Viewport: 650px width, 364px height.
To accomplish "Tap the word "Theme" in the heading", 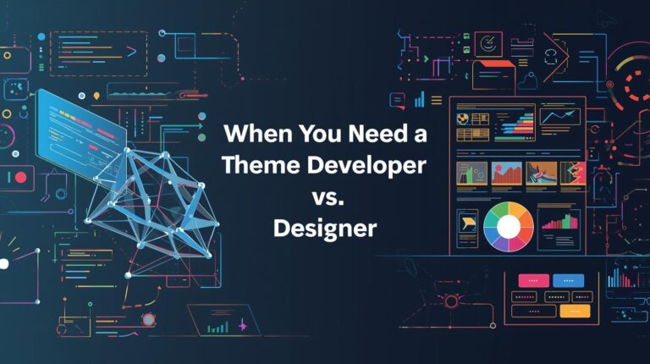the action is [262, 165].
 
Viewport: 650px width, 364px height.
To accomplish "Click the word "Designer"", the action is [325, 229].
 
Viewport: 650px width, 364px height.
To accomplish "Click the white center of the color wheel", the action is [508, 226].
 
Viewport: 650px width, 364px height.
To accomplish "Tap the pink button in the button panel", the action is [533, 281].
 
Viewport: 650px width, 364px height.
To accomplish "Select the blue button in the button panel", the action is [569, 281].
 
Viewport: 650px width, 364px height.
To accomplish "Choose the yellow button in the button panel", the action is [575, 311].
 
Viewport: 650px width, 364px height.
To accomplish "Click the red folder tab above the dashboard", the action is [493, 63].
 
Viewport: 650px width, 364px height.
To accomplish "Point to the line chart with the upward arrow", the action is [559, 116].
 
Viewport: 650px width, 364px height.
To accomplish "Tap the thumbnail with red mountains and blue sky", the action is [507, 174].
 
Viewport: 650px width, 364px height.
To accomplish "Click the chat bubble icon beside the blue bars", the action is [397, 101].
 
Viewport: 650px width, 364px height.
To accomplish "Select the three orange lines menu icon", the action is [436, 101].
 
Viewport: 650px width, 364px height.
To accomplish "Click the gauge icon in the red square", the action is [488, 44].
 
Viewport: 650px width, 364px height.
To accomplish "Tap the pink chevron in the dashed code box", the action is [131, 52].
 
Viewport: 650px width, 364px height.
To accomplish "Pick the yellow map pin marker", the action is [96, 97].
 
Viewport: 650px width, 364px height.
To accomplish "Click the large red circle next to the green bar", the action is [20, 178].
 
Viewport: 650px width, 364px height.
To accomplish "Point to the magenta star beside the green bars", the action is [243, 326].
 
